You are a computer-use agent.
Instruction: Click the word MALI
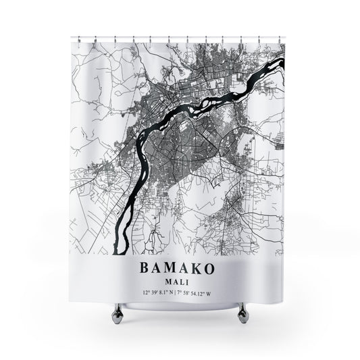click(180, 263)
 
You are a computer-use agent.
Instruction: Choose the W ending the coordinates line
click(217, 274)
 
